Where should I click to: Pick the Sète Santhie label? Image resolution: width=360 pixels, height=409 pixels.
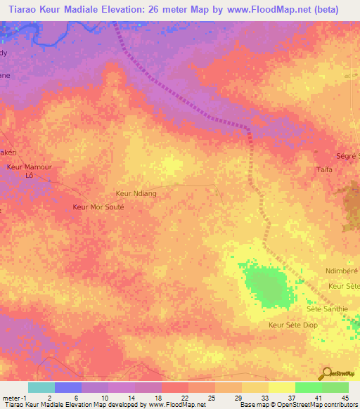(x=327, y=309)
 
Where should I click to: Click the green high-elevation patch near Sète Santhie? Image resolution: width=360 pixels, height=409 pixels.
(x=265, y=285)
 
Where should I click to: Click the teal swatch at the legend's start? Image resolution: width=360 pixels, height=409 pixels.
(x=41, y=387)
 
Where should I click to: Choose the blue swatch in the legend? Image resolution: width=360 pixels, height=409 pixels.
(x=67, y=387)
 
